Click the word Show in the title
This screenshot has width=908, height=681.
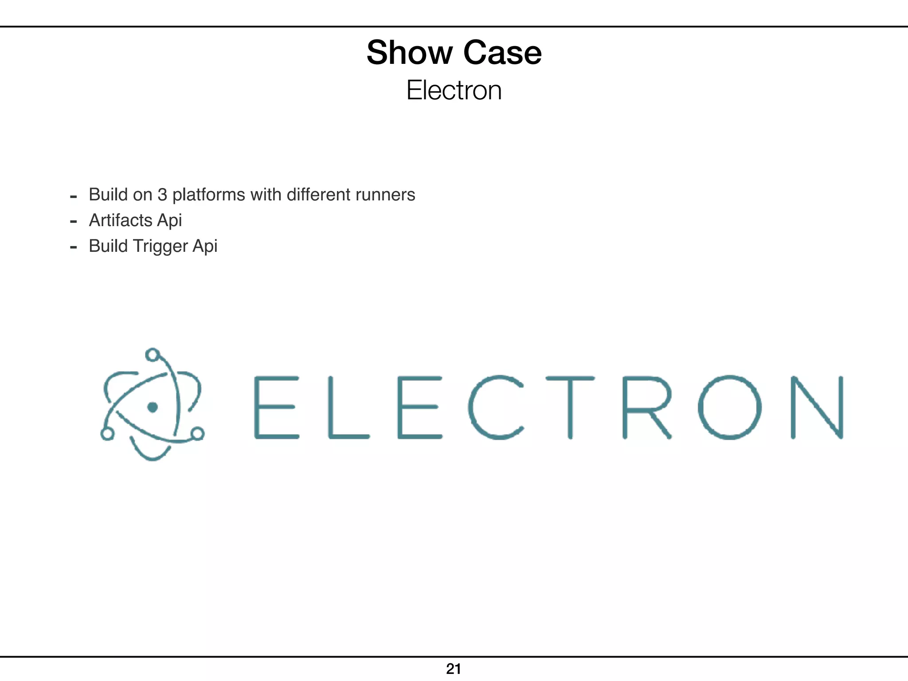pyautogui.click(x=408, y=53)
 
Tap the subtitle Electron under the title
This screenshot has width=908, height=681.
pyautogui.click(x=454, y=90)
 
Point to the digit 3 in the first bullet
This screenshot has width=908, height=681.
pyautogui.click(x=162, y=195)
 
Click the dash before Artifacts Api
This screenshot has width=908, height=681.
pyautogui.click(x=74, y=221)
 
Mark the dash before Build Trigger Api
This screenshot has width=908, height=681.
pyautogui.click(x=74, y=247)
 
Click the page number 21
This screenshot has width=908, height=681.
pyautogui.click(x=454, y=669)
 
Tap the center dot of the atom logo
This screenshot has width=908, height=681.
pyautogui.click(x=153, y=407)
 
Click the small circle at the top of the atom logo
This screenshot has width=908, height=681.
pyautogui.click(x=152, y=355)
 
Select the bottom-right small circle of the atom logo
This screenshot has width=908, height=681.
pyautogui.click(x=198, y=433)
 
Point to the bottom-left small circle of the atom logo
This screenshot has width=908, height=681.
pyautogui.click(x=107, y=434)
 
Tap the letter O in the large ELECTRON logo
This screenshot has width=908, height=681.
pyautogui.click(x=730, y=407)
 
